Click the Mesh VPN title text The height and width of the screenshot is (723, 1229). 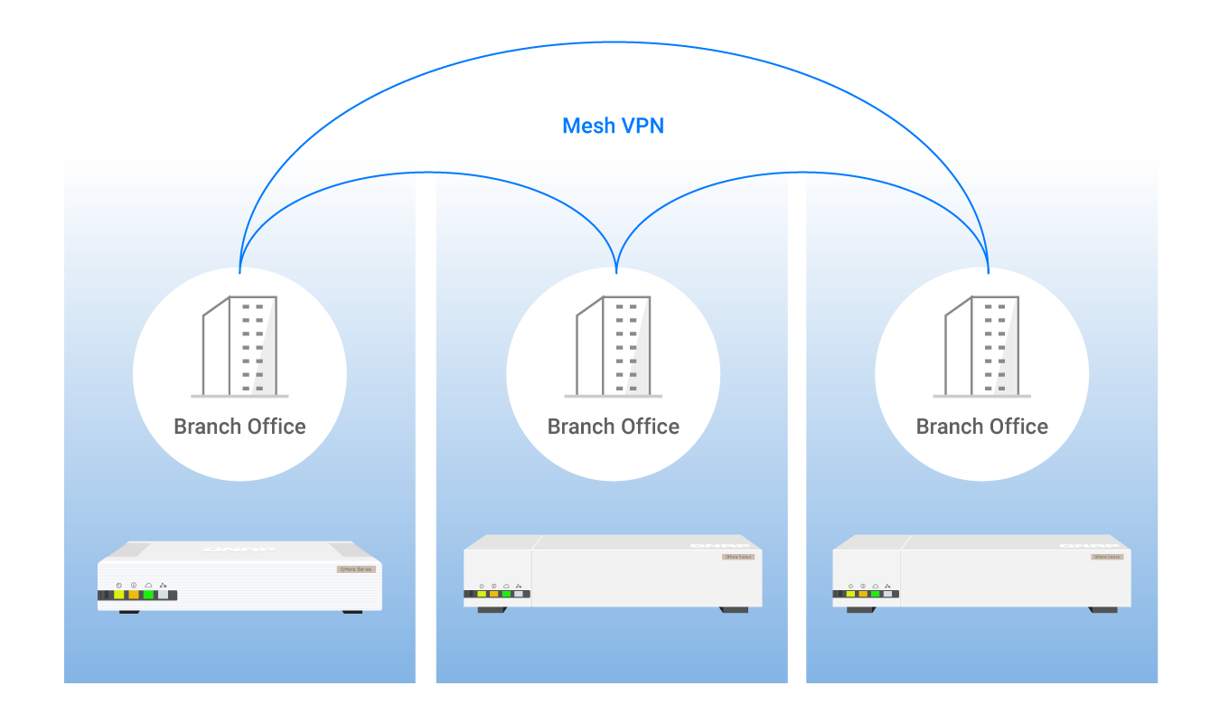(613, 126)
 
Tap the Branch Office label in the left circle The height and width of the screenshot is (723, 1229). (239, 427)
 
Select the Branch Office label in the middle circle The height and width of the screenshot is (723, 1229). (613, 427)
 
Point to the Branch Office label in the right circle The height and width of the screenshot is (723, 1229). (981, 427)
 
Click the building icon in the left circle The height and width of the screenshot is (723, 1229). (239, 347)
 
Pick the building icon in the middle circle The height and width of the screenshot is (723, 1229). (613, 347)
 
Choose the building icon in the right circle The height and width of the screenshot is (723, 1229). (981, 347)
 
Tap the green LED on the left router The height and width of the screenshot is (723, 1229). (148, 595)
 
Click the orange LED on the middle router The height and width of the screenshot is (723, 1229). (494, 594)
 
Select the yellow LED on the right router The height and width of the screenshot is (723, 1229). (850, 594)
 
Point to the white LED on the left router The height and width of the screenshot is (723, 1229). (163, 595)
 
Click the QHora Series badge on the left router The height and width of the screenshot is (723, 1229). (355, 569)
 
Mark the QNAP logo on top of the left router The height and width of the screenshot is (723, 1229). (239, 549)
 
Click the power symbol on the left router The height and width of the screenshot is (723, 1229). (118, 586)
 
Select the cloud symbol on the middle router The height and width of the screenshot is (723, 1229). (506, 586)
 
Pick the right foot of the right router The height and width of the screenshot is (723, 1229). (1102, 610)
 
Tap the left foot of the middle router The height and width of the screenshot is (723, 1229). (492, 610)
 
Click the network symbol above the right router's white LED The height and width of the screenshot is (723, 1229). (887, 586)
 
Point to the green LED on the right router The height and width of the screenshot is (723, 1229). (875, 594)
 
